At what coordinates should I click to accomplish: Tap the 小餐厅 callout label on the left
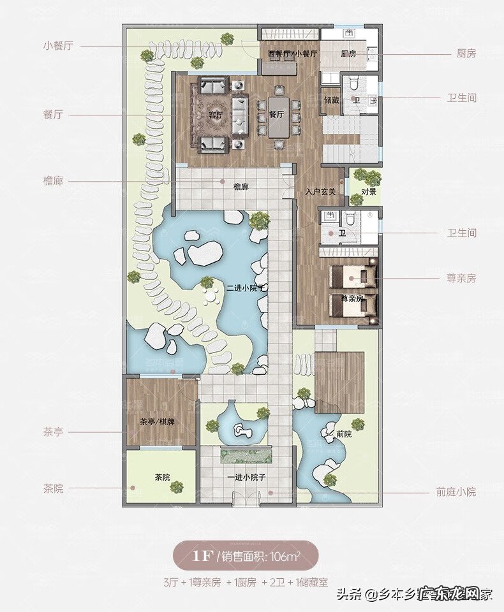point(58,46)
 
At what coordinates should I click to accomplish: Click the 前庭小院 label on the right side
point(456,492)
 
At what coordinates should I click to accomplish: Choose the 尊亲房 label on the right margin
point(461,279)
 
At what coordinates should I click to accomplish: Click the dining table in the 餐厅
point(278,116)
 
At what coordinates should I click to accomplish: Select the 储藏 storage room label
point(331,100)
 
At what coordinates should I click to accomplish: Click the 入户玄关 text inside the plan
point(320,192)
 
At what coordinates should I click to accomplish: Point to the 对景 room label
point(368,191)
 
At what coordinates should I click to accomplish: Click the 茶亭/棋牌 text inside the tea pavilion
point(157,422)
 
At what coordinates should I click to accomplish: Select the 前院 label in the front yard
point(344,434)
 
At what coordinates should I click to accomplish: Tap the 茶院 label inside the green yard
point(161,477)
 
